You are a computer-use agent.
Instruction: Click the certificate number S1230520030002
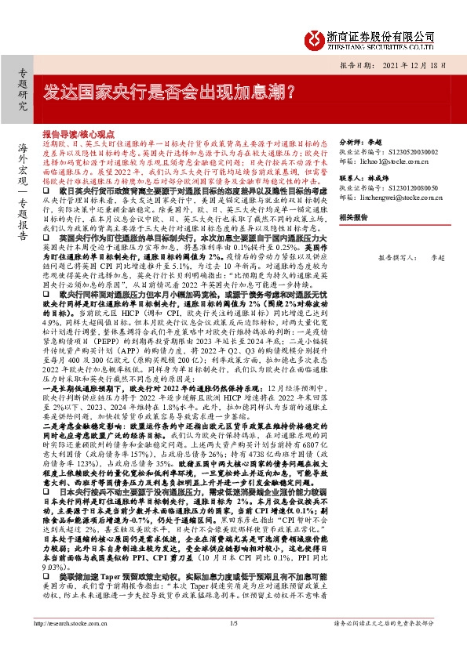[403, 146]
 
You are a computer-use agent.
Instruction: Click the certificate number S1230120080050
[403, 190]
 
